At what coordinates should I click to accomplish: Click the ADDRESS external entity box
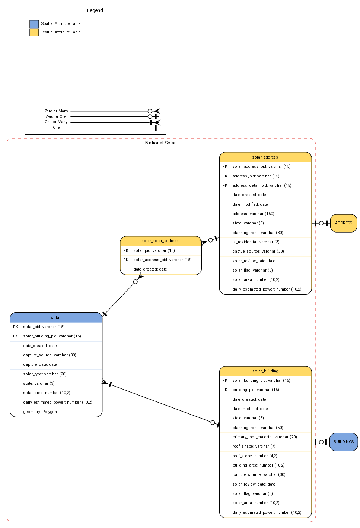(x=343, y=223)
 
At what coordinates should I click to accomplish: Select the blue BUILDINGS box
(x=343, y=442)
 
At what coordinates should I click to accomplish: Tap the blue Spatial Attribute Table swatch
(x=34, y=24)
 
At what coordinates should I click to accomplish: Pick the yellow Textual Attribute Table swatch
(x=34, y=32)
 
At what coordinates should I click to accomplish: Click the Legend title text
(x=95, y=10)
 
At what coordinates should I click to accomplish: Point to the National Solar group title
(x=160, y=143)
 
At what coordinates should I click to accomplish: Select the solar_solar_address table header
(x=160, y=241)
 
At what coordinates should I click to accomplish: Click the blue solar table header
(x=56, y=317)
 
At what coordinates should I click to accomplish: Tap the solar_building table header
(x=265, y=371)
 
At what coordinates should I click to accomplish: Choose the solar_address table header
(x=265, y=157)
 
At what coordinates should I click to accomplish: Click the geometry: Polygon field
(x=40, y=412)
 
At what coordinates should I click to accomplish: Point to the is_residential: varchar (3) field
(x=256, y=242)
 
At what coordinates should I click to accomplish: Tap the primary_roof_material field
(x=265, y=437)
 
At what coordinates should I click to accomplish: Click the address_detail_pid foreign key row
(x=262, y=186)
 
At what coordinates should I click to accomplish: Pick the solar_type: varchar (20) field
(x=45, y=374)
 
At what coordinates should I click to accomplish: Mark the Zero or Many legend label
(x=56, y=111)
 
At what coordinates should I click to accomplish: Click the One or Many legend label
(x=56, y=122)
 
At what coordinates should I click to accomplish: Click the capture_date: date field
(x=40, y=365)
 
